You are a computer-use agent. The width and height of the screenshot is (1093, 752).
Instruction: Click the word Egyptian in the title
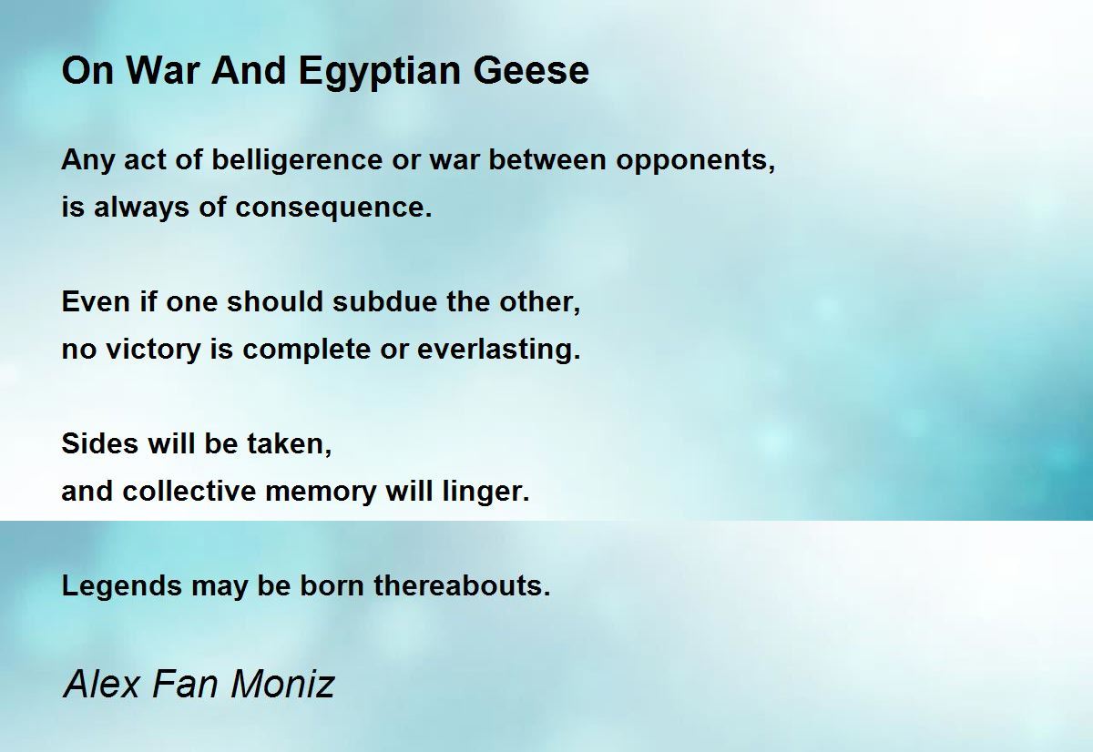click(x=379, y=72)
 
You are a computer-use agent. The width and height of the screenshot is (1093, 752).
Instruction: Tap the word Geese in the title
click(x=531, y=71)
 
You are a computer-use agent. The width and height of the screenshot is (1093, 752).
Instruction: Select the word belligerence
click(x=297, y=160)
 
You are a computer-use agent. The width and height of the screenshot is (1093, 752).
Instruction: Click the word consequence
click(x=333, y=208)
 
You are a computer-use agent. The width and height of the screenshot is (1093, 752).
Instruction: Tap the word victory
click(x=153, y=351)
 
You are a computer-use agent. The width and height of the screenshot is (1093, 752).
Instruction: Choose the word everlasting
click(x=499, y=350)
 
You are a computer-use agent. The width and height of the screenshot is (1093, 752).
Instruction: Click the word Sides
click(x=100, y=443)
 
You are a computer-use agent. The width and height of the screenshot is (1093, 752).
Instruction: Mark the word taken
click(x=290, y=445)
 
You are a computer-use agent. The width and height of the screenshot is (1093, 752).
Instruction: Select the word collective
click(x=189, y=491)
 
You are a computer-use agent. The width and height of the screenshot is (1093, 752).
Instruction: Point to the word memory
click(x=321, y=493)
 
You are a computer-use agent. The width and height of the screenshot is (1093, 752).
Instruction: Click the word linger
click(x=486, y=492)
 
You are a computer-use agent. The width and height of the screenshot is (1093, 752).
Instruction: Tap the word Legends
click(x=122, y=586)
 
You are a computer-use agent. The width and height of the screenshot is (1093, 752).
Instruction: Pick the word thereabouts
click(x=462, y=585)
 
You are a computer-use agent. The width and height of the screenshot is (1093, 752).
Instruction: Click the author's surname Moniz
click(x=282, y=684)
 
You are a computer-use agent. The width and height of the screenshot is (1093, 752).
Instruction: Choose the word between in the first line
click(x=547, y=160)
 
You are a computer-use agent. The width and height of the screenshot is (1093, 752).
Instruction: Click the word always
click(x=140, y=208)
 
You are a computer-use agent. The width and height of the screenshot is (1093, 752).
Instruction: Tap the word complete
click(x=306, y=351)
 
